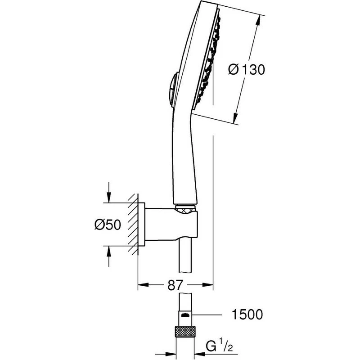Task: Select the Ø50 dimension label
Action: point(108,224)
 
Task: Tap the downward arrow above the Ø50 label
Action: point(108,198)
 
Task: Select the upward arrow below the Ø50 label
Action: point(108,250)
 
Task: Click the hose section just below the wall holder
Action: point(185,256)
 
